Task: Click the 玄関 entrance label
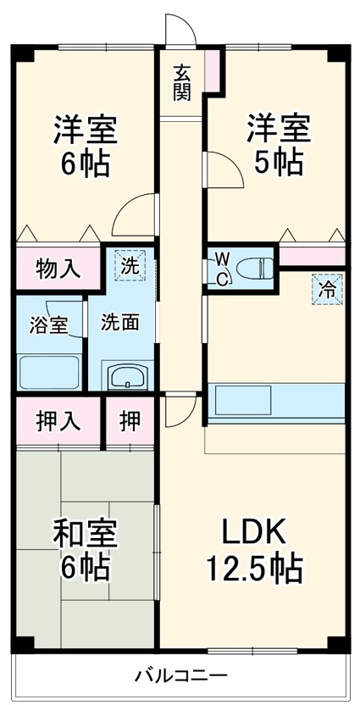[182, 82]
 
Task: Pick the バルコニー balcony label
[180, 675]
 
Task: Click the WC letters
[220, 269]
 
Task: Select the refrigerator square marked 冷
[327, 288]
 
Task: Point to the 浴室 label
[48, 325]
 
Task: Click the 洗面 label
[120, 323]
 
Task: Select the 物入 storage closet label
[58, 270]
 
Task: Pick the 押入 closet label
[58, 421]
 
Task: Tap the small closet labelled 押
[130, 421]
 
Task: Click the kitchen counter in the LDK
[276, 402]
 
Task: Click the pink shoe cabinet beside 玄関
[212, 69]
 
